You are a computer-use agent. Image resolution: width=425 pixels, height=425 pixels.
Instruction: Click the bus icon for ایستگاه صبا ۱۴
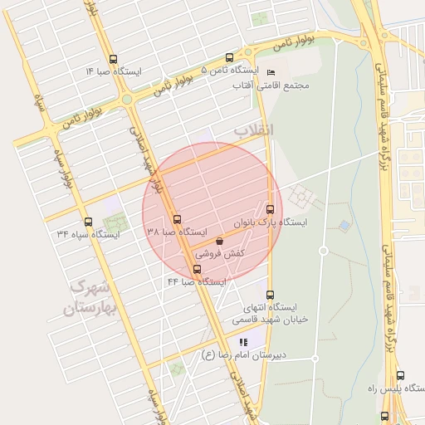pos(113,59)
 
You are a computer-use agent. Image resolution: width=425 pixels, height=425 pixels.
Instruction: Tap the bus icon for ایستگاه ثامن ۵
pos(229,58)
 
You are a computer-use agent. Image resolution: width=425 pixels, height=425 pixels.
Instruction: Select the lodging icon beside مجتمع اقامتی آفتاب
pos(271,72)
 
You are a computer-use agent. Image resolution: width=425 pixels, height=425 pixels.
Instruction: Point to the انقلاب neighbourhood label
pos(253,130)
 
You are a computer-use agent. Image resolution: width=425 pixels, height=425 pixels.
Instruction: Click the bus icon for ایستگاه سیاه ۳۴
pos(88,222)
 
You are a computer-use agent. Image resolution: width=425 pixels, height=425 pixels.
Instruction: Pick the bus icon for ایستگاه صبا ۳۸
pos(177,220)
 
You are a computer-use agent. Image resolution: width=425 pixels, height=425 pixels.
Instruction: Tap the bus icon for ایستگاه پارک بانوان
pos(270,208)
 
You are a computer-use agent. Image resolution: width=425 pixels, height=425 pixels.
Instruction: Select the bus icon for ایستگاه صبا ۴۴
pos(197,269)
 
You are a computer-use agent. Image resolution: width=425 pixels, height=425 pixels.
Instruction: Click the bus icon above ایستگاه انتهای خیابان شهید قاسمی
pos(269,295)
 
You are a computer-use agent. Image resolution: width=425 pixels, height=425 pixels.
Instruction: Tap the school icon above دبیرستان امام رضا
pos(243,341)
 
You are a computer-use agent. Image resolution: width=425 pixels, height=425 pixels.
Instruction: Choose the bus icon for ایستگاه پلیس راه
pos(400,375)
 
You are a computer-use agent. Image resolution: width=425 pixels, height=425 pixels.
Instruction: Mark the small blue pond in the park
pos(344,225)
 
